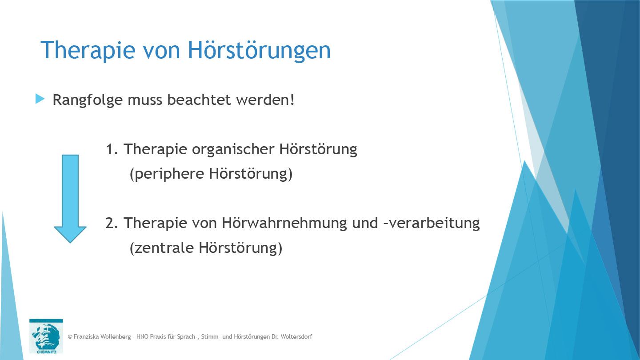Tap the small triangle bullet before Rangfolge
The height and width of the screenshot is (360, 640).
coord(40,99)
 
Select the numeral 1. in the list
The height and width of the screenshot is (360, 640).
coord(112,149)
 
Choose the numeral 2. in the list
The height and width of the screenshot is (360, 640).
coord(112,223)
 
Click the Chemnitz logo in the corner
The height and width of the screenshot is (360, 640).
coord(46,336)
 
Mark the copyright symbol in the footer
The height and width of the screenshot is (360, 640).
coord(70,337)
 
